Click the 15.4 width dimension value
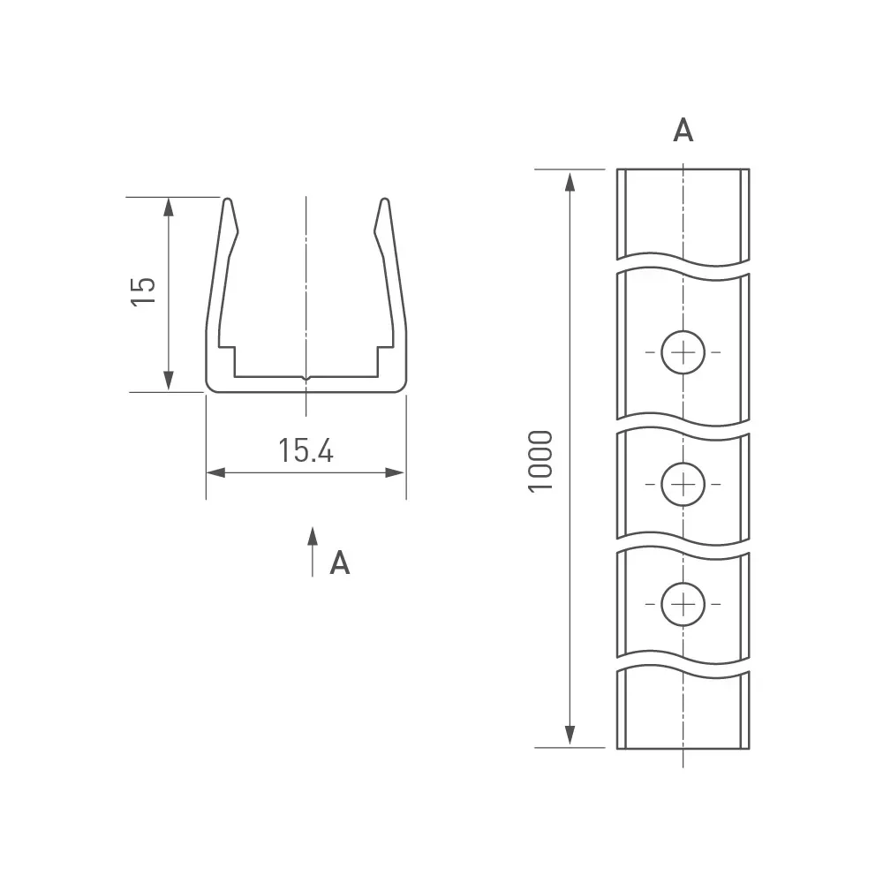click(306, 450)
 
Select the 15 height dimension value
click(143, 291)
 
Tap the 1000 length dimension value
click(540, 462)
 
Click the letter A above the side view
click(683, 130)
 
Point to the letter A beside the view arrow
click(340, 562)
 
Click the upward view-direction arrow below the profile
click(313, 552)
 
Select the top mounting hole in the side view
click(683, 352)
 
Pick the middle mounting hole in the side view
click(683, 484)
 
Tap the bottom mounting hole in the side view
click(683, 604)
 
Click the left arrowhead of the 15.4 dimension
click(215, 472)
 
